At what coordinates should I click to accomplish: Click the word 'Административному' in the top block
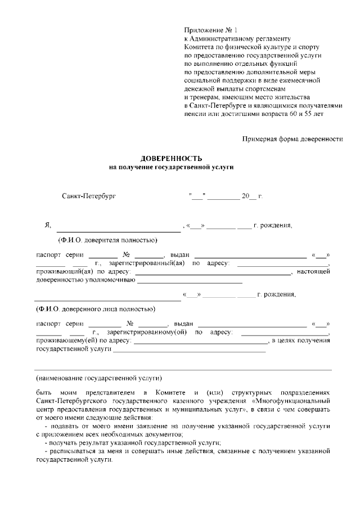click(x=224, y=38)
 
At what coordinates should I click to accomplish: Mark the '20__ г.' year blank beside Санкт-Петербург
click(x=252, y=196)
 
